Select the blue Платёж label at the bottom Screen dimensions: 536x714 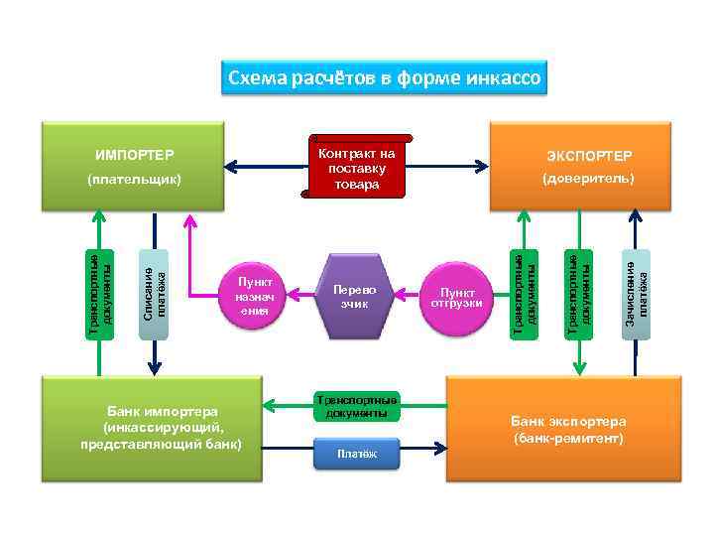point(356,454)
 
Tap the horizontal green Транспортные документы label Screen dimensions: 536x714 point(355,405)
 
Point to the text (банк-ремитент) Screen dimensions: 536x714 point(568,438)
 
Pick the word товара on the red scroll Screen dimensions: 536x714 point(357,184)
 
